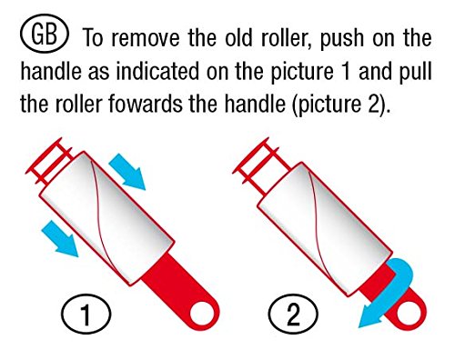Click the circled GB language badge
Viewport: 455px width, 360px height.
click(45, 34)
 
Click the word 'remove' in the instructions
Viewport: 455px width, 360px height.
click(146, 38)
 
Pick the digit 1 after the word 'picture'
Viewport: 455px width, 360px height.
click(346, 72)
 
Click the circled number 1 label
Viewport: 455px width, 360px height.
click(86, 314)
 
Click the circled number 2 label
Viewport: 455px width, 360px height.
click(293, 314)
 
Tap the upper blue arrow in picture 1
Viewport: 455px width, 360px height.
click(127, 172)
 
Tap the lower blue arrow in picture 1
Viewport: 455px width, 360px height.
click(60, 238)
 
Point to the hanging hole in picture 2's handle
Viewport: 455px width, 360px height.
click(409, 315)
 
